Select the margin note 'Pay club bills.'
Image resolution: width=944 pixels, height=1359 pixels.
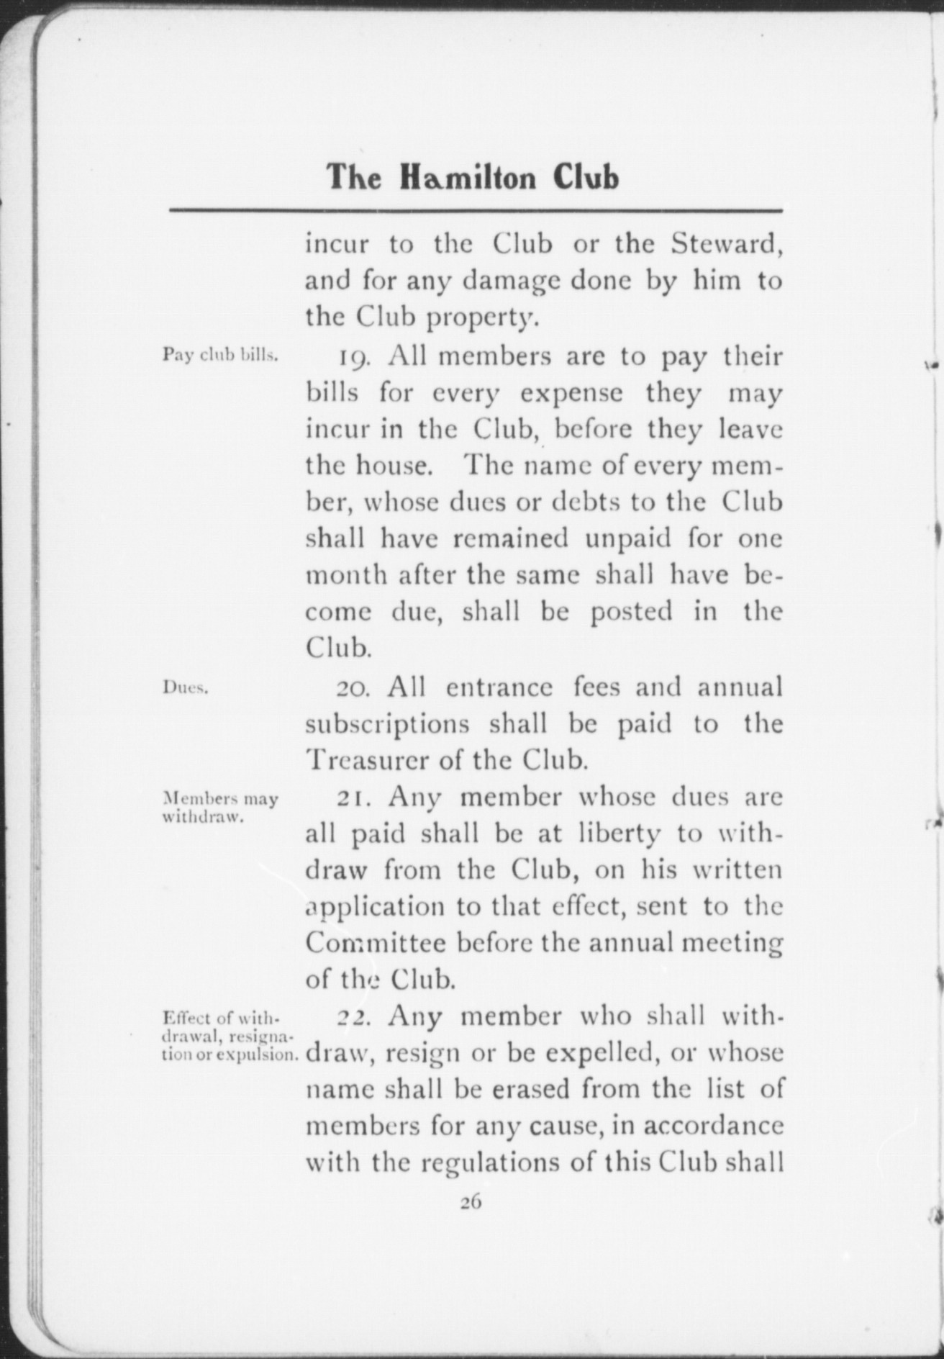(220, 355)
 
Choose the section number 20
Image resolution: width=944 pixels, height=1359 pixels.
(353, 688)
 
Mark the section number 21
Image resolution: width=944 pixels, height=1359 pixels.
(353, 798)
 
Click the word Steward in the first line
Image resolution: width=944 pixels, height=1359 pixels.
(726, 245)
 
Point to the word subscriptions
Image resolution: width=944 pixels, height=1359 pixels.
(387, 725)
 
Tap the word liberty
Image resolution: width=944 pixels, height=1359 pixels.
(619, 834)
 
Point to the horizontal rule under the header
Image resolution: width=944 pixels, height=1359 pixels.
(476, 211)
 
